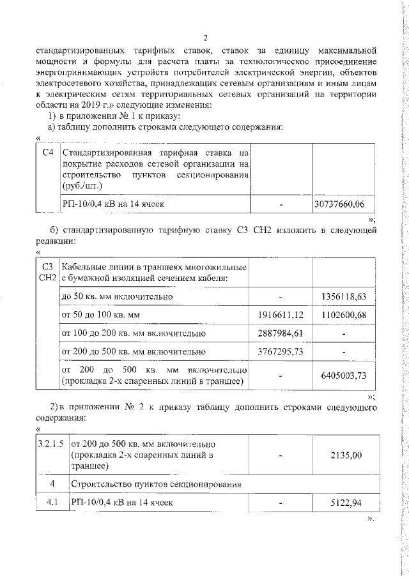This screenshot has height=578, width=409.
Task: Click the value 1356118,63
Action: pyautogui.click(x=343, y=297)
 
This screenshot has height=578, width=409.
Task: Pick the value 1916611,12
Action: pyautogui.click(x=281, y=315)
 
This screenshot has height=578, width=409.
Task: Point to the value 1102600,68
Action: pyautogui.click(x=343, y=315)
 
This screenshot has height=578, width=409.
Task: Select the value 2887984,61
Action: pyautogui.click(x=281, y=333)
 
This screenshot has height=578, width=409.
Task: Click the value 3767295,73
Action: pyautogui.click(x=281, y=351)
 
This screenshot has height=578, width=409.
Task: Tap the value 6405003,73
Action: pyautogui.click(x=343, y=376)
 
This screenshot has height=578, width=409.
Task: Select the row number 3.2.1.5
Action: pyautogui.click(x=50, y=444)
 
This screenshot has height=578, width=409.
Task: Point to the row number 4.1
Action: pyautogui.click(x=51, y=502)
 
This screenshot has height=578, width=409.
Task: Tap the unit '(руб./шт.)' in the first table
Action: pyautogui.click(x=82, y=185)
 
